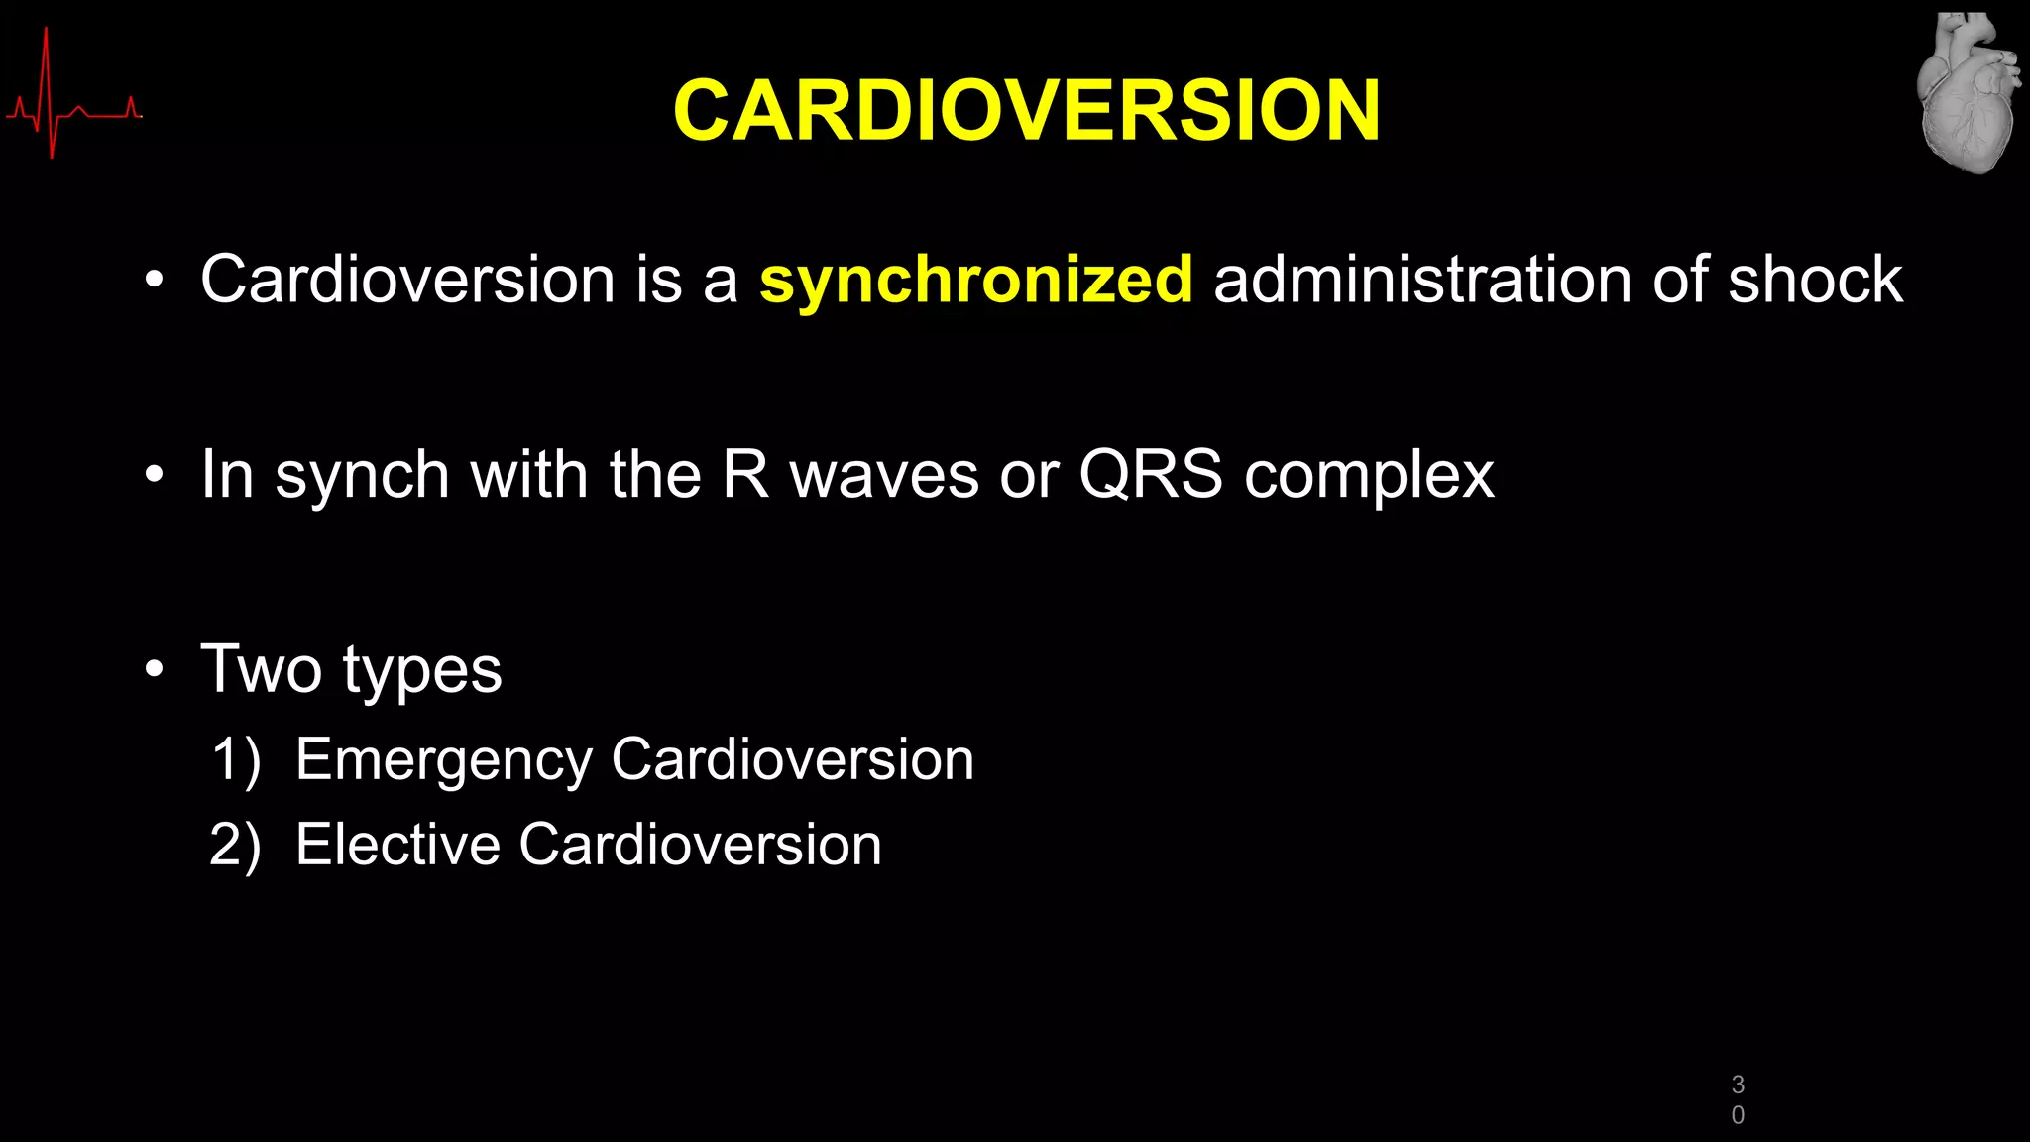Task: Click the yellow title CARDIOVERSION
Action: pyautogui.click(x=1026, y=110)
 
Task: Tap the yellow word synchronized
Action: pyautogui.click(x=975, y=280)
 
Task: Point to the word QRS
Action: pyautogui.click(x=1150, y=474)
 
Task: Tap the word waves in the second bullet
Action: pyautogui.click(x=884, y=476)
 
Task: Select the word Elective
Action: pyautogui.click(x=397, y=845)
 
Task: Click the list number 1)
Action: pyautogui.click(x=237, y=760)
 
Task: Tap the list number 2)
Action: pyautogui.click(x=236, y=846)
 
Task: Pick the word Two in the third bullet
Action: pyautogui.click(x=262, y=669)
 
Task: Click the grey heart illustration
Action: pyautogui.click(x=1968, y=93)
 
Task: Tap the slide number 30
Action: pyautogui.click(x=1738, y=1099)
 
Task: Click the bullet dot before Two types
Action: pyautogui.click(x=154, y=670)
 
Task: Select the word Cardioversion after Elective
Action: pyautogui.click(x=700, y=845)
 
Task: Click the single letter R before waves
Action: pyautogui.click(x=744, y=474)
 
